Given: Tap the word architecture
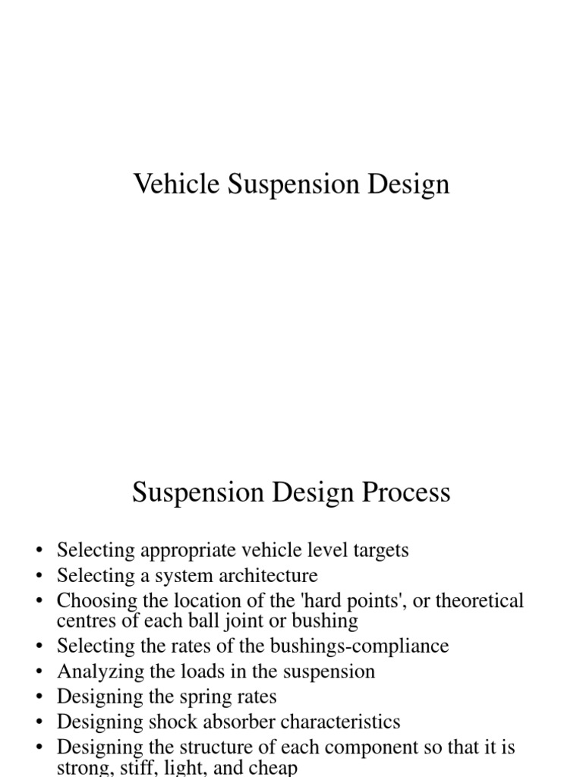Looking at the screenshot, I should [262, 576].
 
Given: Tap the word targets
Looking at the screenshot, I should [376, 551].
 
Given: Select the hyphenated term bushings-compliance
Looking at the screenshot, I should [357, 646].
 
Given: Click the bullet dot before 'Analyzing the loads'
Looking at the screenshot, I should [40, 672].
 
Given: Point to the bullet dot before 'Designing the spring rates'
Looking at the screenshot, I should [40, 697].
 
